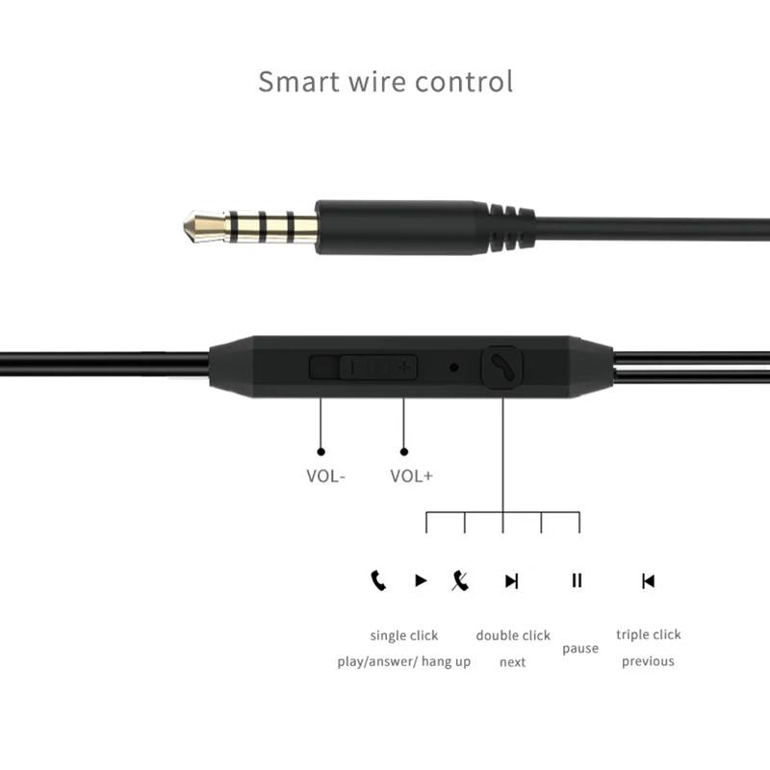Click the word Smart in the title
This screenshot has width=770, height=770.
295,81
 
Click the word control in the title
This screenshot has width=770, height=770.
464,81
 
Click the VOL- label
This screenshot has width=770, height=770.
325,475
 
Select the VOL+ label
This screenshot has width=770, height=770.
411,475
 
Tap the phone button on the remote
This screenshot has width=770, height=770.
501,367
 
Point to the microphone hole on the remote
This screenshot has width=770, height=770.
453,367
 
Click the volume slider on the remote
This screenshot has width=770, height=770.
363,367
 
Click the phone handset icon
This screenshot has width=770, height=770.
378,580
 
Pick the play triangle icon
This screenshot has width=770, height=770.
421,580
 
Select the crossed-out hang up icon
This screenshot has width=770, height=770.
461,580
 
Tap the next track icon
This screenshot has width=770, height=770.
512,580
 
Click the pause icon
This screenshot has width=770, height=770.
577,580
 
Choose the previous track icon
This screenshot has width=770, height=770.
648,580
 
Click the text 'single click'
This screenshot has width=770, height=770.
404,635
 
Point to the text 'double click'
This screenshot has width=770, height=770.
513,635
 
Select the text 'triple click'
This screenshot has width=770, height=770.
648,634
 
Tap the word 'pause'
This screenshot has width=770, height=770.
580,649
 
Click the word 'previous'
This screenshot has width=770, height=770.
648,661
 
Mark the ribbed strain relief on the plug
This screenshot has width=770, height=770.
510,227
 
